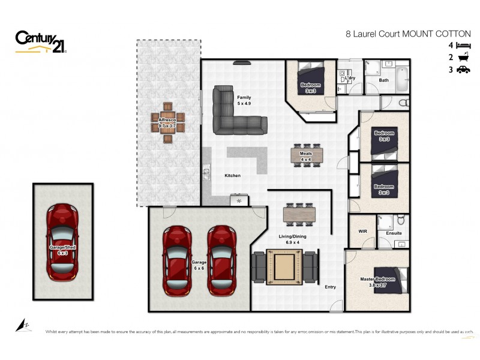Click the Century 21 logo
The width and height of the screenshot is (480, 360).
coord(40,42)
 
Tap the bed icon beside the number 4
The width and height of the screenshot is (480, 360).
coord(464,45)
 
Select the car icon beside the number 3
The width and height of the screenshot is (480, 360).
coord(464,70)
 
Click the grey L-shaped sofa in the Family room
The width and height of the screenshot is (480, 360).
coord(235,113)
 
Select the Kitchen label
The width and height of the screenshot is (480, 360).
coord(233,175)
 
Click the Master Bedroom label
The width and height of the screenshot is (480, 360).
coord(377,280)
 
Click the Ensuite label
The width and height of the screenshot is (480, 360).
coord(394,233)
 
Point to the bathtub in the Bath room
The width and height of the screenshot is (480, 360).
coord(402,80)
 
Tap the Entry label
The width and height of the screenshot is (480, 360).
coord(330,287)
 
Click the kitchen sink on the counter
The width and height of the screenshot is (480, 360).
coord(206,173)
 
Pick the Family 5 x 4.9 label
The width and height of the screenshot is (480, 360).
coord(244,100)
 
